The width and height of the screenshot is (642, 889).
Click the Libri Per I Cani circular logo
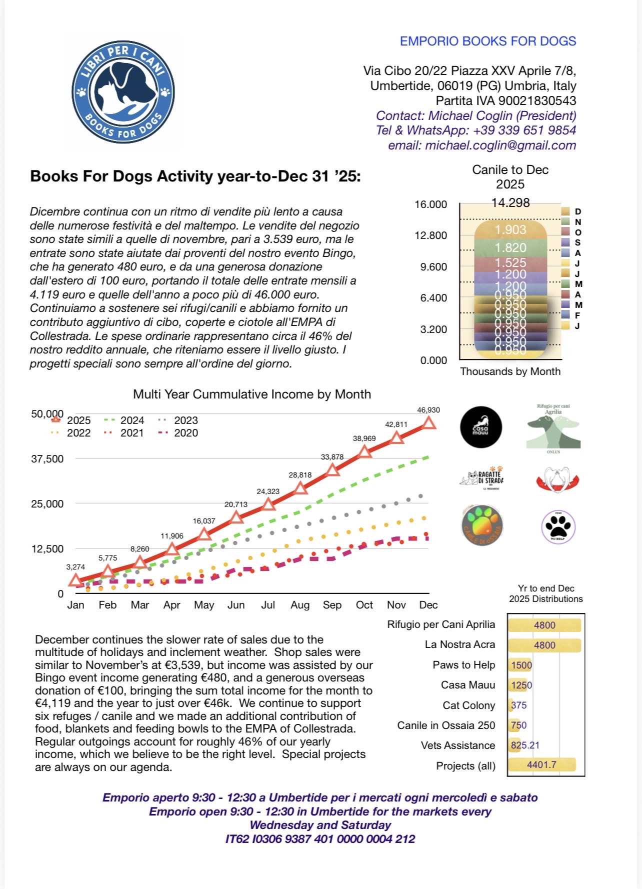[123, 93]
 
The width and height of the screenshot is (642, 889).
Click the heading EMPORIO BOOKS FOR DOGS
[487, 41]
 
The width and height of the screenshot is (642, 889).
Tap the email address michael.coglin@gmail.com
[482, 145]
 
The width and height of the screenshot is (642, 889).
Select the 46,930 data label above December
[428, 410]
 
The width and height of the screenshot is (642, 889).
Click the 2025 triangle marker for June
[236, 517]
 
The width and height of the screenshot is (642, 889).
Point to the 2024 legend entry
[125, 420]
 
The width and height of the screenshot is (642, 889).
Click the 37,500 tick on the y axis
[47, 459]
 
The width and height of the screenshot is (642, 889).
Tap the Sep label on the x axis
[332, 605]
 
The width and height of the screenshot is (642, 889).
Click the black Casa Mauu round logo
[480, 427]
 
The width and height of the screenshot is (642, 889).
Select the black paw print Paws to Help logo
[558, 526]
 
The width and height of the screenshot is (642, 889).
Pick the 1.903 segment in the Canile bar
[510, 230]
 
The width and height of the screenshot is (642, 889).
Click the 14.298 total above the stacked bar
[510, 202]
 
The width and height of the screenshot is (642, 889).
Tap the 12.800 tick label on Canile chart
[430, 235]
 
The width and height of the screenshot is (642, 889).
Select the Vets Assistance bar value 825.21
[525, 745]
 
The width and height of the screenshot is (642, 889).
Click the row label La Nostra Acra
[459, 644]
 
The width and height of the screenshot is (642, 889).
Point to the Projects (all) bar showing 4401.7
[541, 765]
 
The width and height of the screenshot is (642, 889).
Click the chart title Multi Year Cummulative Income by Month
[252, 394]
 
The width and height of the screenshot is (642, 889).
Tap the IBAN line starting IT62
[320, 839]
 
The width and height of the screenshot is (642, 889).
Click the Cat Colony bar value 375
[518, 705]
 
